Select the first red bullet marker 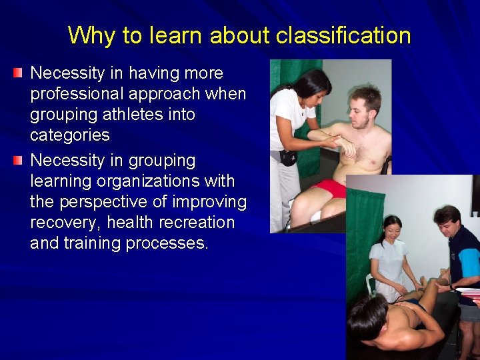coord(18,71)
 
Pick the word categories coord(70,135)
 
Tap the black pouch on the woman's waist coord(288,157)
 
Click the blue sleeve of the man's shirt coord(469,263)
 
